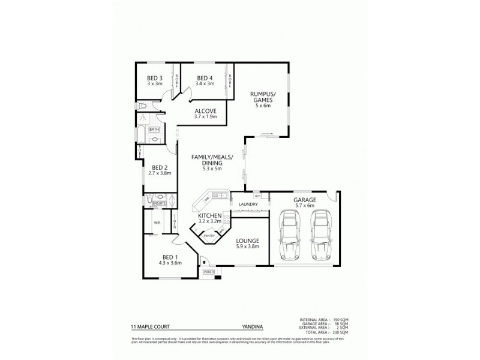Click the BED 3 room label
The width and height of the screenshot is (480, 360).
tap(155, 78)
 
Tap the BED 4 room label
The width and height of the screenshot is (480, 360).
tap(205, 78)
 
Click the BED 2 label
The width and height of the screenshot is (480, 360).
tap(160, 167)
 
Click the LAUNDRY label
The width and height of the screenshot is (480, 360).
tap(248, 205)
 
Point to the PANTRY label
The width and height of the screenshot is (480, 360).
tap(209, 236)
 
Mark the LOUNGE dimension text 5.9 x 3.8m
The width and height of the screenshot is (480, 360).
tap(243, 246)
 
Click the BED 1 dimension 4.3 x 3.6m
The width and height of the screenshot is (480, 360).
tap(169, 263)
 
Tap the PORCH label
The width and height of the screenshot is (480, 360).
tap(208, 272)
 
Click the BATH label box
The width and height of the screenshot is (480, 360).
tap(154, 129)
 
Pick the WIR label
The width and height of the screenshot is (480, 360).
tap(157, 223)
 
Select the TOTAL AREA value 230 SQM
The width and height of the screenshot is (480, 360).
tap(340, 332)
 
